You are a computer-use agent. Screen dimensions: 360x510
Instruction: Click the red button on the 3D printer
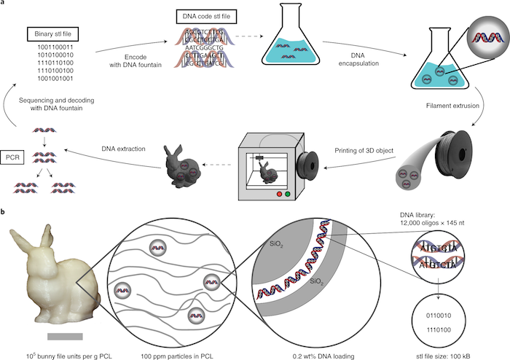point(278,195)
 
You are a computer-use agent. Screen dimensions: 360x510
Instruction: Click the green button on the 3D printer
point(289,195)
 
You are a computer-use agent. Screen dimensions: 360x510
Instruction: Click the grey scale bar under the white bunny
point(66,336)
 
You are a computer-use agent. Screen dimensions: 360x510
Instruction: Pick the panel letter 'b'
point(5,212)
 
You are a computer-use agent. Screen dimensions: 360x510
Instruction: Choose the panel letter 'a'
point(4,4)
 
